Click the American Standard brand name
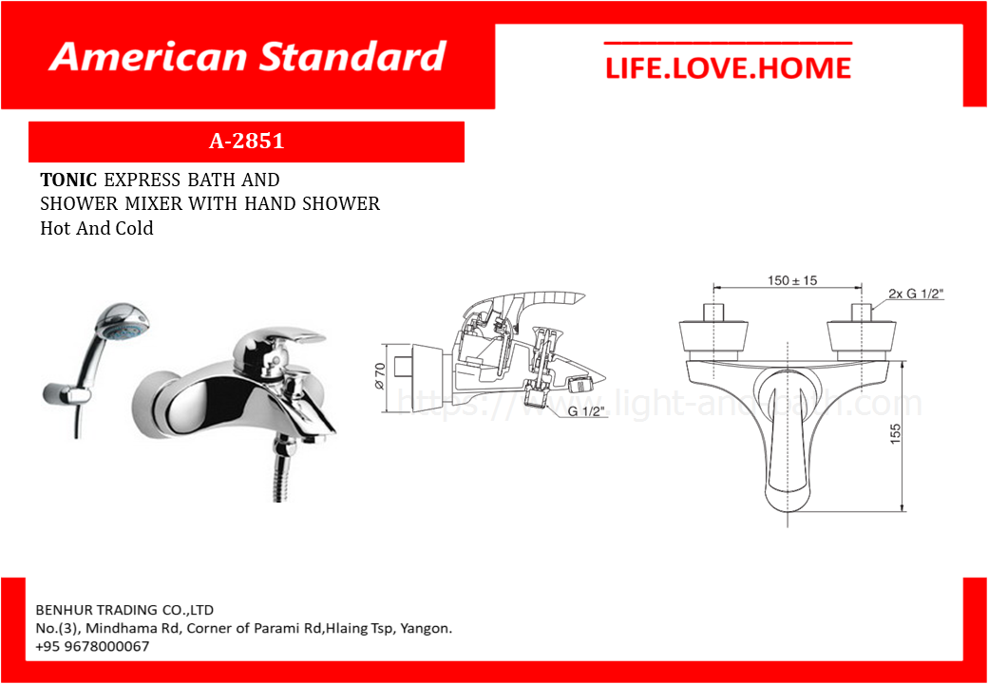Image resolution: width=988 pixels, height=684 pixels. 248,57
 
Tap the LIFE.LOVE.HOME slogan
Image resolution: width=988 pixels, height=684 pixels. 728,68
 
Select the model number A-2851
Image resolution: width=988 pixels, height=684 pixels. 246,142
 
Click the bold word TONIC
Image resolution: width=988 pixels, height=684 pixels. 68,180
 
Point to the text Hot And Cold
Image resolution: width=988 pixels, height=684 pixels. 97,228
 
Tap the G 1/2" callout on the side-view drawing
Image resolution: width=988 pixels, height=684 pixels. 585,412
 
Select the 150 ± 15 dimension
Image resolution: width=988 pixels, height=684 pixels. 792,280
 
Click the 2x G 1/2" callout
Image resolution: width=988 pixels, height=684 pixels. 917,294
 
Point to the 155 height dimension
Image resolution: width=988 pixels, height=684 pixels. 896,435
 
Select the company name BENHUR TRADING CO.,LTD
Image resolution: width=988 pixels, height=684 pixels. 124,610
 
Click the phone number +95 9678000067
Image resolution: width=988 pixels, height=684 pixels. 93,647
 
